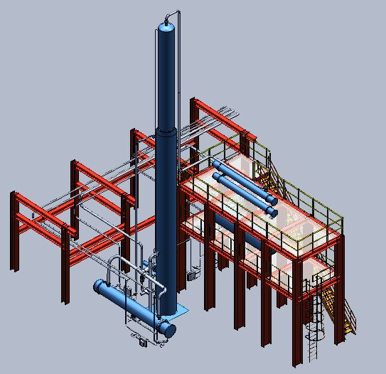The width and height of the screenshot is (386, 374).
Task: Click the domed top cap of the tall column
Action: tap(166, 26)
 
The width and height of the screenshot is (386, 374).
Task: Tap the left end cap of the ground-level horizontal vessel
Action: tap(100, 288)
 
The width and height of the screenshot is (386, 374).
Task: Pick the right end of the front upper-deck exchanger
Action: tap(271, 211)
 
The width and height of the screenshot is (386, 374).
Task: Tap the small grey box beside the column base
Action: tap(191, 272)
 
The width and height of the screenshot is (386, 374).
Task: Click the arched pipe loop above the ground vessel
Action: tap(114, 264)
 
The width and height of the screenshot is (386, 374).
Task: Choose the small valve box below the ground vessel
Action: tap(145, 343)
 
